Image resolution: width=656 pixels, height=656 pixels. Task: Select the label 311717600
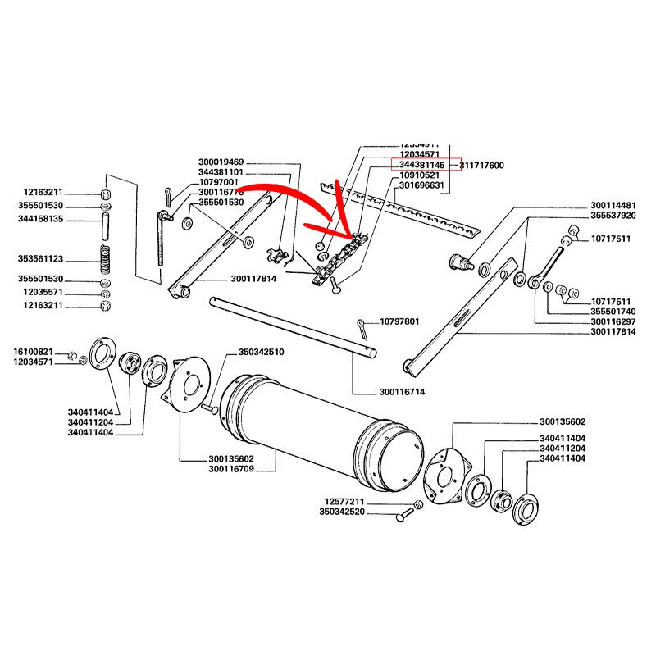[482, 166]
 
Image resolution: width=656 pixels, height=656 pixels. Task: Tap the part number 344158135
[46, 221]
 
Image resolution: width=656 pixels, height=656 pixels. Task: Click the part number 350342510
[262, 352]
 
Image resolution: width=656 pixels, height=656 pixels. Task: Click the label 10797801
[399, 321]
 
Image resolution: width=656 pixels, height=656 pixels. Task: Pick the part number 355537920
[613, 216]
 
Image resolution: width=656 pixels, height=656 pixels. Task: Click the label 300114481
[613, 205]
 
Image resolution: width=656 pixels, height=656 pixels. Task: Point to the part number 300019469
[221, 162]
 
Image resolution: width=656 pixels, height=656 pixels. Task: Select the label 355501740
[613, 312]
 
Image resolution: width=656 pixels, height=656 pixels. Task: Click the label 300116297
[613, 322]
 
